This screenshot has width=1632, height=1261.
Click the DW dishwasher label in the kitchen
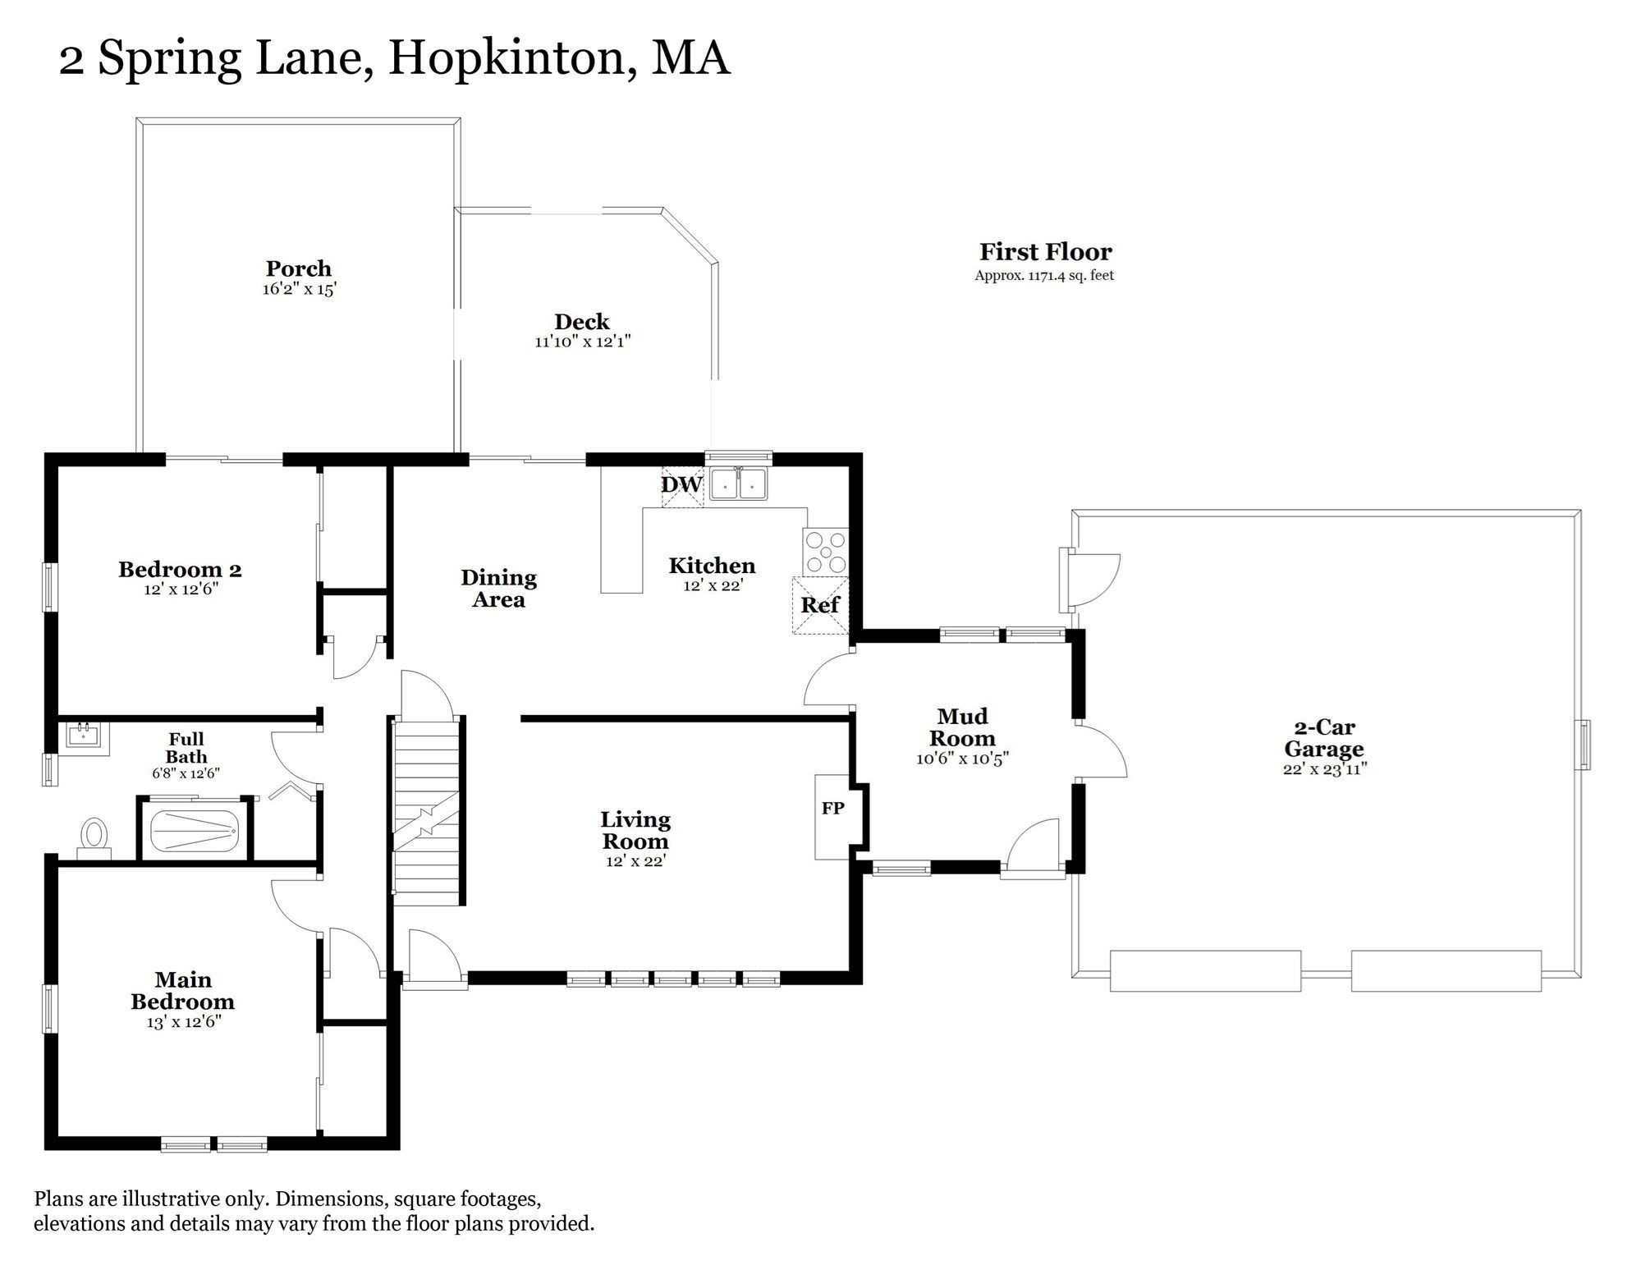[x=681, y=484]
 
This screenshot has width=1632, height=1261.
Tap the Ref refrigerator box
[x=820, y=605]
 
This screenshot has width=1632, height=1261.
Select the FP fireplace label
[x=832, y=809]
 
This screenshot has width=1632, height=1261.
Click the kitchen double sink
[x=738, y=484]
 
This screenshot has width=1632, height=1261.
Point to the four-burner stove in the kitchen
[x=826, y=552]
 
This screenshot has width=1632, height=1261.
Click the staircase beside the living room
[x=426, y=809]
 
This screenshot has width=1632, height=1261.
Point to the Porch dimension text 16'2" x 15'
[x=300, y=289]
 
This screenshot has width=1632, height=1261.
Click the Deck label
[x=581, y=321]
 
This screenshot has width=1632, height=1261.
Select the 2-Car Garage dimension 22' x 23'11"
[x=1324, y=769]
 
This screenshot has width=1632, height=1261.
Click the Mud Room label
[x=962, y=727]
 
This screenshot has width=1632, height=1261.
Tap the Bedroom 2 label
[x=180, y=569]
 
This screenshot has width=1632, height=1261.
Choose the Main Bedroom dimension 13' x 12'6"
[x=184, y=1022]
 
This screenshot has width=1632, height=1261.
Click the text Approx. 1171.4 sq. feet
[x=1044, y=276]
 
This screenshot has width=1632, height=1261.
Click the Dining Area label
[x=498, y=588]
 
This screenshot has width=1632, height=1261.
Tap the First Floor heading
[x=1045, y=251]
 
